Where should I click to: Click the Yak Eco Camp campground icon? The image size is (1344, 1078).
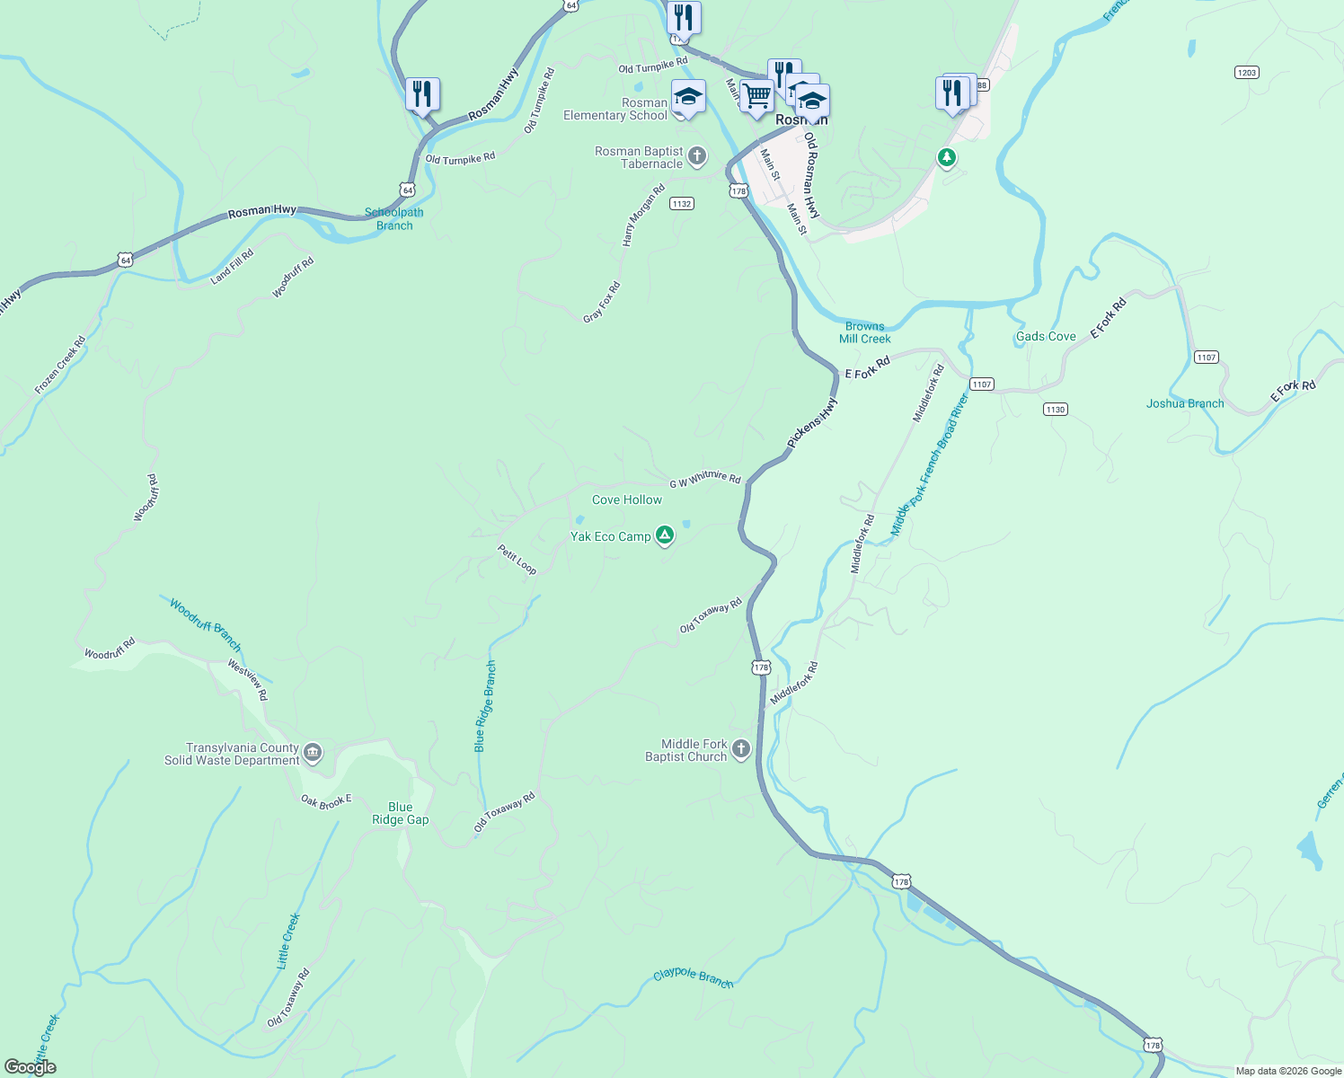[664, 536]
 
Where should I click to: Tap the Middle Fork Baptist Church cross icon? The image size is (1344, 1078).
[741, 749]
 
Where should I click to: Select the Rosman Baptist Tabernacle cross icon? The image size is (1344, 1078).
[697, 157]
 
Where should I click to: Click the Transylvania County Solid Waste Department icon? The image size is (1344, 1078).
[313, 753]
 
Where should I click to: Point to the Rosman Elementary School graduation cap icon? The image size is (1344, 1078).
[688, 97]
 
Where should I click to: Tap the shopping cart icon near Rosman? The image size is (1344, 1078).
[756, 96]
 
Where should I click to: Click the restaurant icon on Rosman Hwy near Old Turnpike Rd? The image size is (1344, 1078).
[421, 94]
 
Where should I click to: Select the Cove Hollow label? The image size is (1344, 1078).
[627, 499]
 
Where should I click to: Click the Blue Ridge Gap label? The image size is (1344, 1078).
[401, 813]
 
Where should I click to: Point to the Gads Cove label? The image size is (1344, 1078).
[1046, 336]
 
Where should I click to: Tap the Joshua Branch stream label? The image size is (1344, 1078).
[1185, 403]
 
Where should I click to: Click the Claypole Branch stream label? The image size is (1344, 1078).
[693, 977]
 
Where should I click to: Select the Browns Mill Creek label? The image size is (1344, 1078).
[865, 332]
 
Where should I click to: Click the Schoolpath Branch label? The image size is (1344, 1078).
[394, 219]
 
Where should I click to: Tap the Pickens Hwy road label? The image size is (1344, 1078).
[812, 423]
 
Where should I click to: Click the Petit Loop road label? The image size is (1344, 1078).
[517, 559]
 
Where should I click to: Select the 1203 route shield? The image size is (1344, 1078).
[1246, 72]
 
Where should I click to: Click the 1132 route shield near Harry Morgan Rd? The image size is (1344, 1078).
[681, 204]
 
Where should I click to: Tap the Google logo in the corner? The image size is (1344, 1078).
[31, 1067]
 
